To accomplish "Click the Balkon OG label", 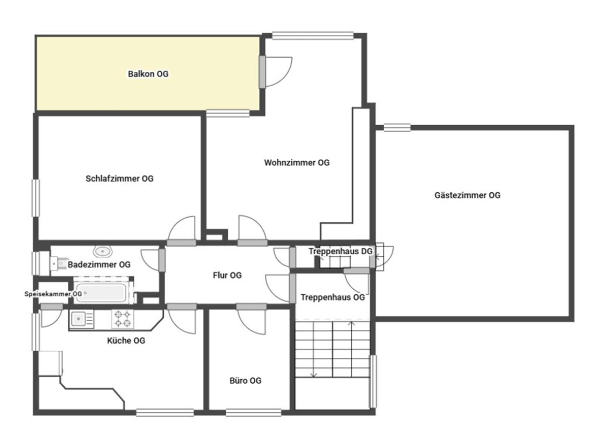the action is [148, 73].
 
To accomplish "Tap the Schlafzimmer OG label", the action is [120, 179].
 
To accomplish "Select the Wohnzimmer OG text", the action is [297, 162].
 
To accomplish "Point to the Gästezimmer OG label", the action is [467, 195].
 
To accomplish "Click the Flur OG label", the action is [227, 275].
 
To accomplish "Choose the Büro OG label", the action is [245, 381].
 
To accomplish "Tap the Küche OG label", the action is [126, 341].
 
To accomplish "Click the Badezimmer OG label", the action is [99, 264].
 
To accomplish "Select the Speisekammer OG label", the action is [53, 294].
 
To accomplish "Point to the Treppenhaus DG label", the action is [340, 252].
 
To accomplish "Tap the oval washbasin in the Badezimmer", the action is [103, 252].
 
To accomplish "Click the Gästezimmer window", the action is [397, 127].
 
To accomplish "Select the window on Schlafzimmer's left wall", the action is [36, 198].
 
